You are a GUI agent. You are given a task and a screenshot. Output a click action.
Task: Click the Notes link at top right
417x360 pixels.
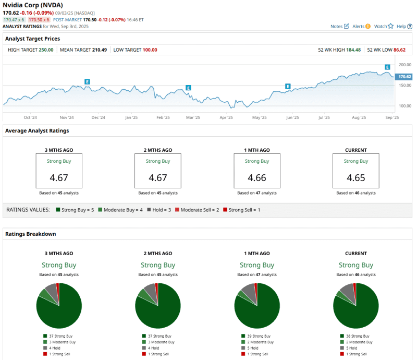[340, 26]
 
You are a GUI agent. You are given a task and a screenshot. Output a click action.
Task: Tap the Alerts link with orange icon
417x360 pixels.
[361, 26]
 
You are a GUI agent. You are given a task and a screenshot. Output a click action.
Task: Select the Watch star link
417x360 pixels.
[384, 26]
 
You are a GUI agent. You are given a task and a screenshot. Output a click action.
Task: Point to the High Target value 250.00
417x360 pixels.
[46, 50]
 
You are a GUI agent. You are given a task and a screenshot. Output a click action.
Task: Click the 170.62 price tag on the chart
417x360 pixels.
[404, 77]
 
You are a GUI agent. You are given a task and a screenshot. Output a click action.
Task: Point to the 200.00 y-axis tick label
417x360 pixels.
[404, 65]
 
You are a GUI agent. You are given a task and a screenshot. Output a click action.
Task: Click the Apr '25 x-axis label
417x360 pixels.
[226, 118]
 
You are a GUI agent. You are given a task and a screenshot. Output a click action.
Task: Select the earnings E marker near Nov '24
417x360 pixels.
[87, 82]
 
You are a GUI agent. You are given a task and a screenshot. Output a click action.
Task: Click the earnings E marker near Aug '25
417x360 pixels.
[387, 67]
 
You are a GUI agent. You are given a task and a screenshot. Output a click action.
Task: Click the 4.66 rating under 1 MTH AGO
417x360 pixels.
[257, 178]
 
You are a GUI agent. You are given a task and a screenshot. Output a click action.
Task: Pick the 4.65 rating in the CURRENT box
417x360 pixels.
[356, 178]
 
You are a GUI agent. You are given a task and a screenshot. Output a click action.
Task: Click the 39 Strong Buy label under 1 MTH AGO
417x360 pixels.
[259, 337]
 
